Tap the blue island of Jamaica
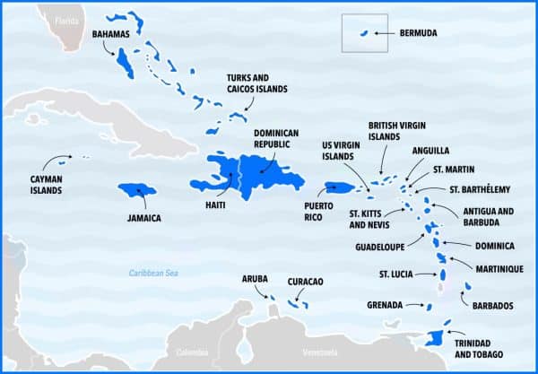click(x=137, y=190)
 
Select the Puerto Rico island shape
click(x=337, y=187)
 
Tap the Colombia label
click(x=191, y=352)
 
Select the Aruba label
click(x=255, y=279)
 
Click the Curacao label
click(x=305, y=282)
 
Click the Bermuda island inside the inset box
click(x=365, y=34)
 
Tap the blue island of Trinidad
click(x=435, y=339)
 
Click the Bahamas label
click(x=111, y=33)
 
